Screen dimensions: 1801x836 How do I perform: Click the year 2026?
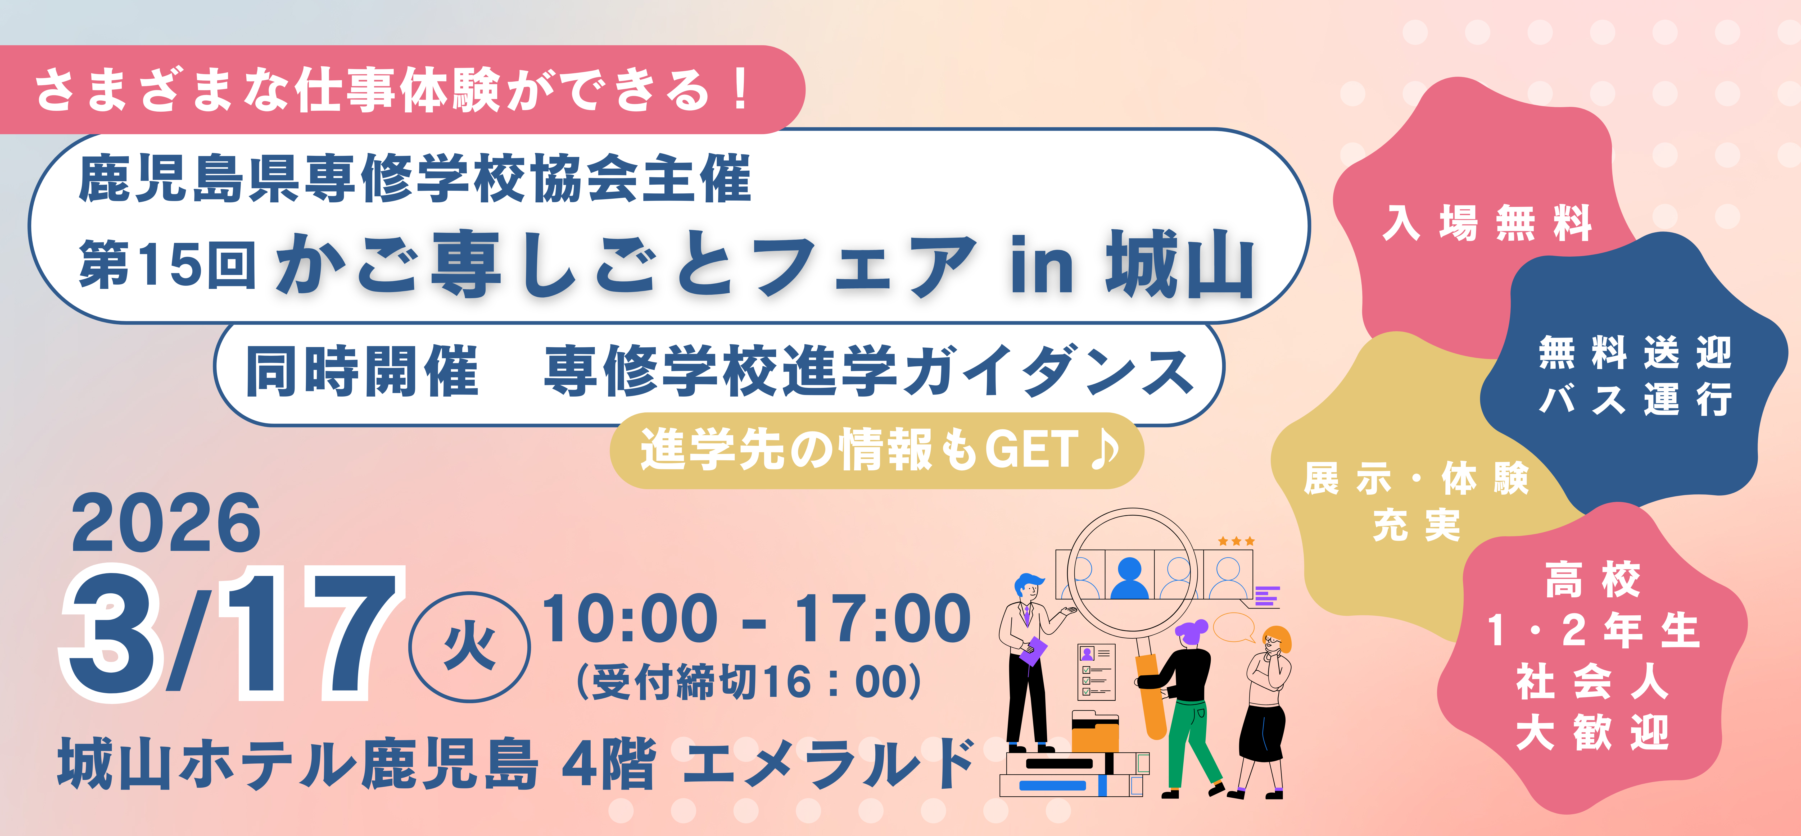point(166,523)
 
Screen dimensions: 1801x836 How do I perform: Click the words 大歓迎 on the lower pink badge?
point(1593,733)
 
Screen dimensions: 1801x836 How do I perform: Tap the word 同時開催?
point(361,372)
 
